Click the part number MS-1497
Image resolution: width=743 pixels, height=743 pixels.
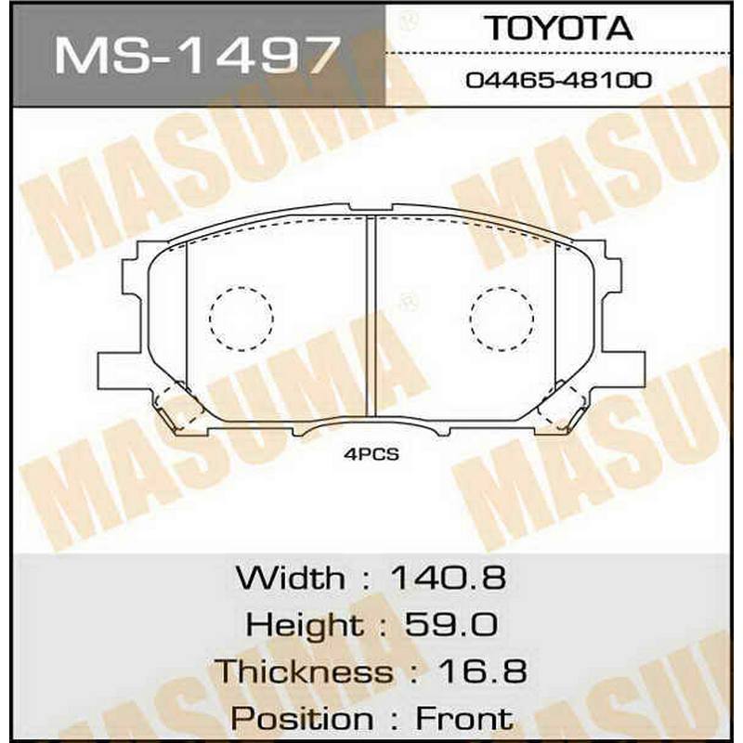click(x=198, y=56)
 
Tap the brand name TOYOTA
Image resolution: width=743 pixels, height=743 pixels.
click(x=560, y=29)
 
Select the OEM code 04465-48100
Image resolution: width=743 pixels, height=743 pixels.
click(x=559, y=80)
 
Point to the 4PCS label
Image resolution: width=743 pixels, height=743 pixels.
click(x=371, y=455)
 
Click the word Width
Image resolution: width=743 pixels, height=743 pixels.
click(x=291, y=578)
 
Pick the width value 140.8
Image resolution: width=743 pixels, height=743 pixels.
click(x=448, y=578)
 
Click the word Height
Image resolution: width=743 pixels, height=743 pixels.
click(x=305, y=624)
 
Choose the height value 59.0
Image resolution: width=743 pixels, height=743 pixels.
click(x=450, y=624)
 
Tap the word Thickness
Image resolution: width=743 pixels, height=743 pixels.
click(x=304, y=671)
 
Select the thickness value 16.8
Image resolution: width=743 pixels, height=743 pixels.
click(x=481, y=671)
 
